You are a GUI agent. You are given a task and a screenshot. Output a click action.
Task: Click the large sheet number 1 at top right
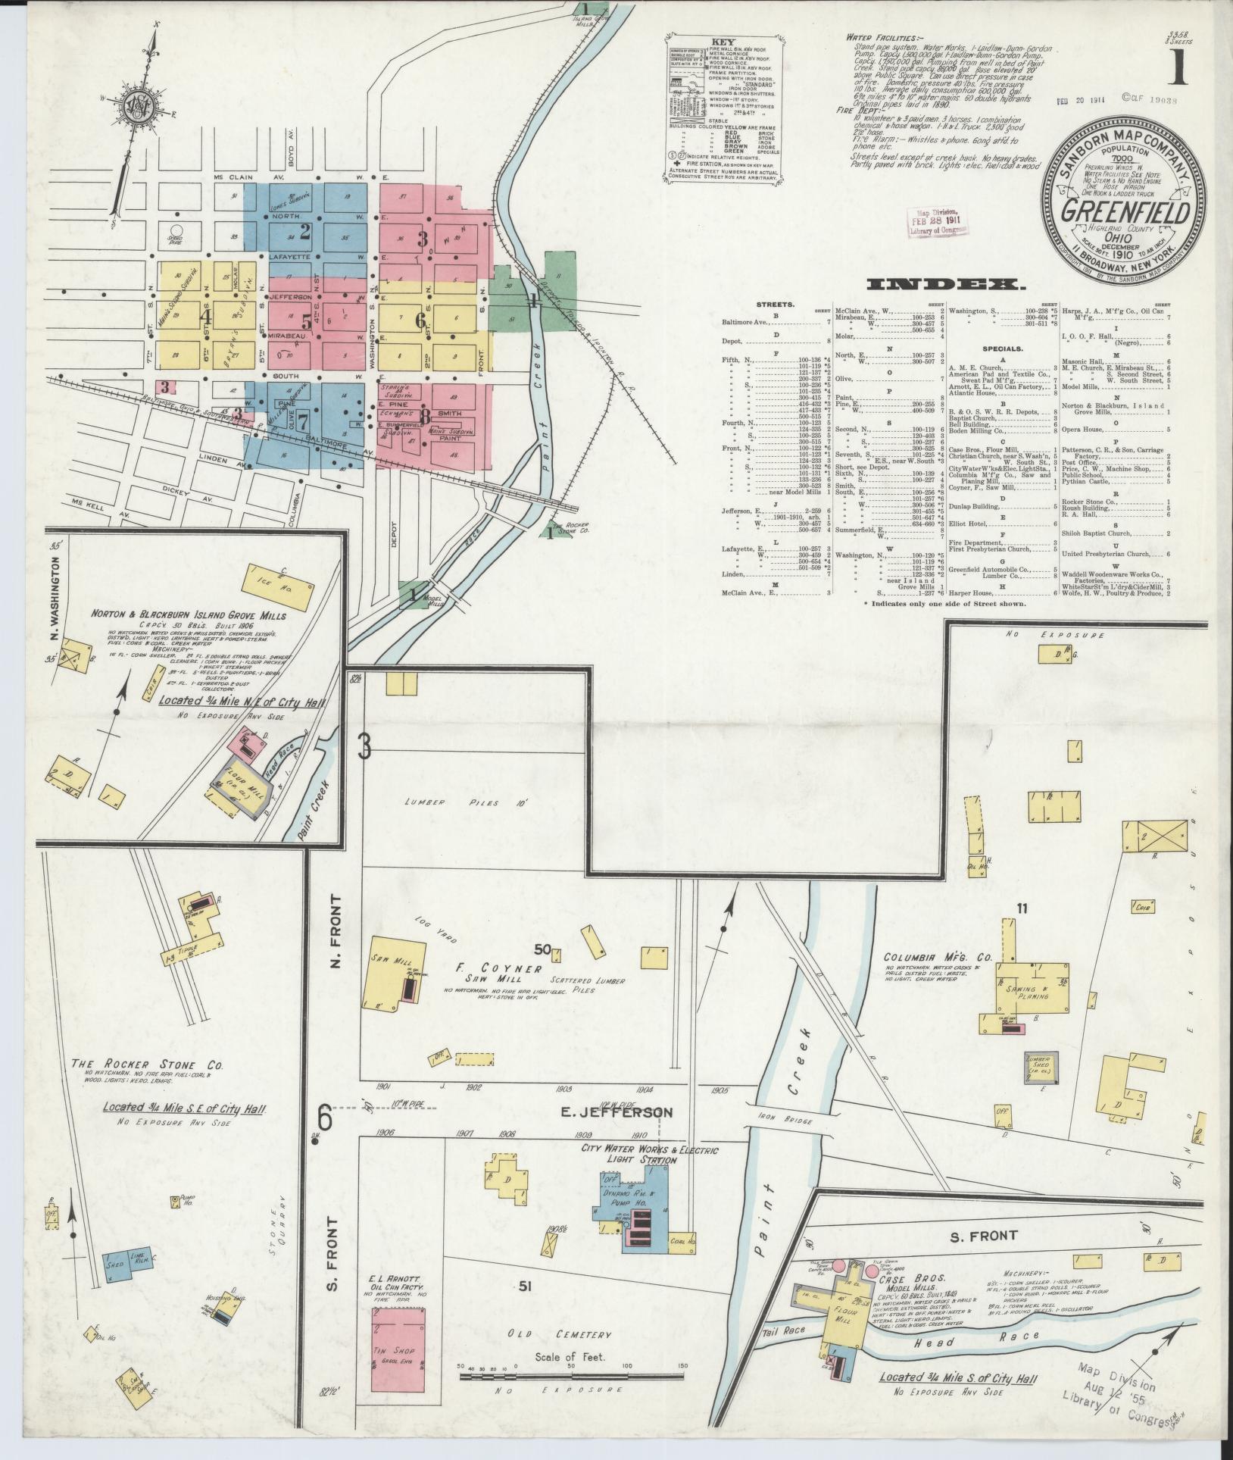[1180, 66]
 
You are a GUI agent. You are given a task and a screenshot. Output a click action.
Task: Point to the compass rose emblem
[142, 105]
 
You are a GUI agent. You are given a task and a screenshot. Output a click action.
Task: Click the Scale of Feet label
[570, 1357]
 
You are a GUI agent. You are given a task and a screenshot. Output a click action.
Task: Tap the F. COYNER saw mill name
[504, 969]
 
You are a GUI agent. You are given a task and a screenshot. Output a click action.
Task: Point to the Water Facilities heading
[880, 36]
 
